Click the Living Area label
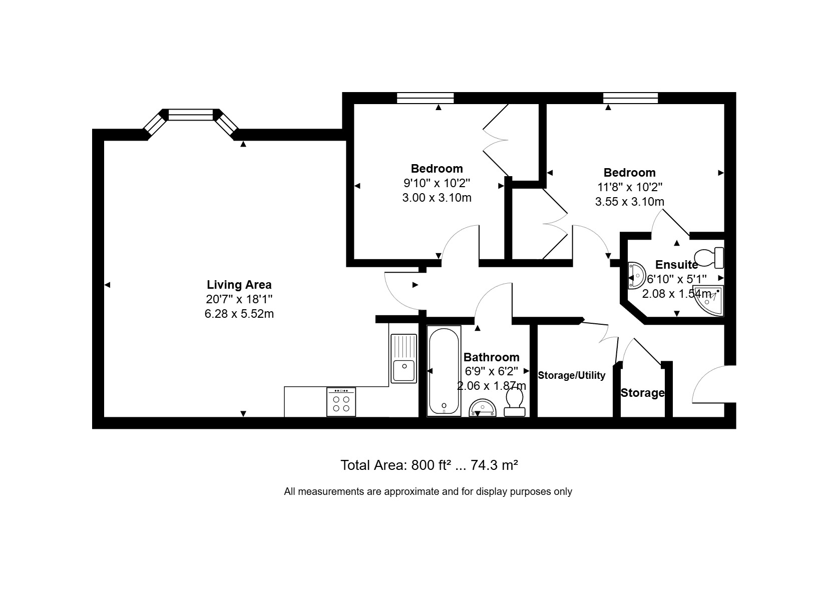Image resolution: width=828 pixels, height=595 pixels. (239, 285)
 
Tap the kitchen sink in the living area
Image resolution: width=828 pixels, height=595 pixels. (403, 358)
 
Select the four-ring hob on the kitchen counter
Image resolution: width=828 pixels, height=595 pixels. (341, 402)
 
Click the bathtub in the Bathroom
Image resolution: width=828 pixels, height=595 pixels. (444, 371)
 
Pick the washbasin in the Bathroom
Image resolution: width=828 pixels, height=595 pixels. (483, 408)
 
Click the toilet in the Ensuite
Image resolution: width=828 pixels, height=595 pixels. (709, 258)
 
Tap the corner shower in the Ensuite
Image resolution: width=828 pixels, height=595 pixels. (708, 300)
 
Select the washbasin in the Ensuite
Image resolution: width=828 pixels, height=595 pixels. (636, 275)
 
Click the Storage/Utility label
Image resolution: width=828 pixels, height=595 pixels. (572, 375)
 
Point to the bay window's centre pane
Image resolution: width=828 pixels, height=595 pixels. (191, 115)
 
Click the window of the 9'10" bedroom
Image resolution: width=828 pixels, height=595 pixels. (425, 98)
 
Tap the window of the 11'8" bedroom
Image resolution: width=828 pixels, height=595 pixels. (631, 98)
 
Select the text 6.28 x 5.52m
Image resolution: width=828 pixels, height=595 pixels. (239, 314)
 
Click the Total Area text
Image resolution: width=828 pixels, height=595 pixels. (429, 465)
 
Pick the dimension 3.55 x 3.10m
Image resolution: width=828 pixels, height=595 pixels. (629, 202)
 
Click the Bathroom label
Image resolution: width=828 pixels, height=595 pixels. (491, 357)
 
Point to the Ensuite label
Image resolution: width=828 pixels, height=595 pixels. (676, 265)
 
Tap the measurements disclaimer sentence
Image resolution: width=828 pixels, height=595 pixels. (428, 491)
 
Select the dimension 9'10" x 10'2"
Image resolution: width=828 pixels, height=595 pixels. (437, 183)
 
